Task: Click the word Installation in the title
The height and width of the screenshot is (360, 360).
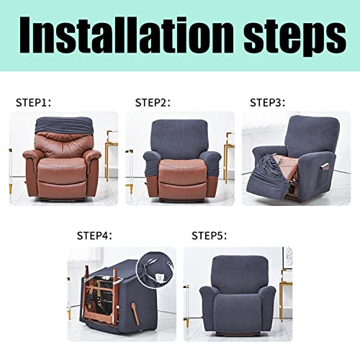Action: (x=127, y=35)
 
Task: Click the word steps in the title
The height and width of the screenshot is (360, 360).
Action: (x=295, y=39)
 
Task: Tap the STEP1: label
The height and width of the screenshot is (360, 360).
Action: (x=34, y=102)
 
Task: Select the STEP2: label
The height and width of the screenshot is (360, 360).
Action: (x=153, y=102)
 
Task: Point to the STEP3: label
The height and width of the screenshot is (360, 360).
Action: (x=268, y=102)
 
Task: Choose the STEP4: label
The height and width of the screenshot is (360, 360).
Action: (x=94, y=235)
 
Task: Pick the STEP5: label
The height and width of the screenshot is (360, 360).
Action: (x=209, y=235)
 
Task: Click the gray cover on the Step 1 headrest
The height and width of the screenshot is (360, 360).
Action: (x=63, y=125)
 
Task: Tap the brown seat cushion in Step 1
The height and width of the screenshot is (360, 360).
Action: (x=62, y=168)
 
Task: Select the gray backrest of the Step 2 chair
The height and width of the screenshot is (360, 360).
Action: (x=179, y=138)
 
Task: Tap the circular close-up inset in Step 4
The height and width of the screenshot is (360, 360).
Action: (x=155, y=269)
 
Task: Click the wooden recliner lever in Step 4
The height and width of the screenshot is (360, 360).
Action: (x=135, y=312)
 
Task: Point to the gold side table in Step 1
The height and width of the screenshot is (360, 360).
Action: (x=110, y=156)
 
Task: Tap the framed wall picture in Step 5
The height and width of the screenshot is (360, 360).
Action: (x=288, y=258)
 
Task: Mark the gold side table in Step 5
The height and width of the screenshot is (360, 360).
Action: (x=286, y=295)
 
